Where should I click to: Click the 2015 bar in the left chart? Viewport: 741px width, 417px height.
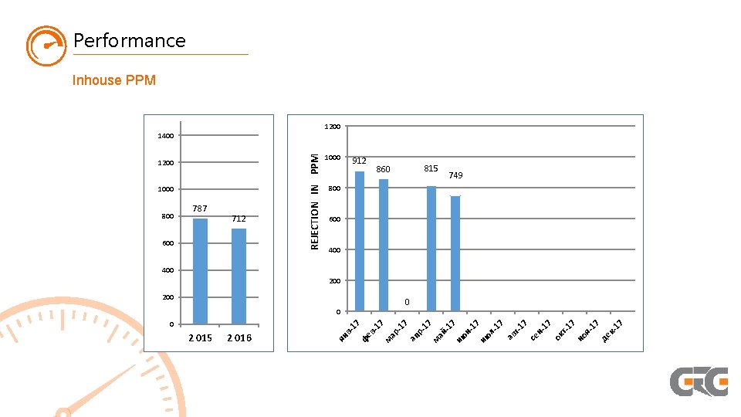coord(200,270)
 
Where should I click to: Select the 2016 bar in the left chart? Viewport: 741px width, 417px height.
coord(239,276)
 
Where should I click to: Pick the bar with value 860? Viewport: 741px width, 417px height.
coord(384,245)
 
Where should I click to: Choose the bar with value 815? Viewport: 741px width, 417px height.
coord(431,249)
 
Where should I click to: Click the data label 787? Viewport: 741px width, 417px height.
coord(200,208)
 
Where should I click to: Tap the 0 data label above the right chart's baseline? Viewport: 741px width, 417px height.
coord(408,301)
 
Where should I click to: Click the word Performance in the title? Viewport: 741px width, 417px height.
coord(130,40)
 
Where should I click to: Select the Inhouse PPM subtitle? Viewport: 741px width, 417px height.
coord(114,80)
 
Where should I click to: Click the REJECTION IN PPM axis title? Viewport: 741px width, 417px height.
coord(315,200)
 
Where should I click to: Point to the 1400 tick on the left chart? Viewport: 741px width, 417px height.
coord(165,136)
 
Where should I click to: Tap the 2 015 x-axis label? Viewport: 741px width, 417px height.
coord(200,338)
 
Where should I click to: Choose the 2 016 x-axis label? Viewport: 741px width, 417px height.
coord(239,338)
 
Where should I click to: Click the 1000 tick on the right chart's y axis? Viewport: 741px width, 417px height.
coord(333,158)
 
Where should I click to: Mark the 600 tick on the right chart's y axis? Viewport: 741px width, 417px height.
coord(334,219)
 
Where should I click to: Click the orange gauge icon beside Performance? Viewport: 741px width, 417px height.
coord(46,46)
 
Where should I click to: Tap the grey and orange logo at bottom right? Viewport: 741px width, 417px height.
coord(699,381)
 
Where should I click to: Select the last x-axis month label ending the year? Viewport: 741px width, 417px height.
coord(613,328)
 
